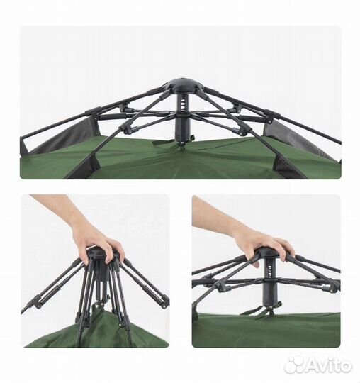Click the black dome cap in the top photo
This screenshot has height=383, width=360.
pyautogui.click(x=181, y=86)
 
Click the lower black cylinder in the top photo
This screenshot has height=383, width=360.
pyautogui.click(x=182, y=127)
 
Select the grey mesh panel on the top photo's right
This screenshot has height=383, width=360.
pyautogui.click(x=300, y=140)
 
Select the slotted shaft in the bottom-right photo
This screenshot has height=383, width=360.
pyautogui.click(x=269, y=272)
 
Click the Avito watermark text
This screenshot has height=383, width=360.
pyautogui.click(x=327, y=366)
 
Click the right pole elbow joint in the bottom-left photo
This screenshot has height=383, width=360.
pyautogui.click(x=164, y=301)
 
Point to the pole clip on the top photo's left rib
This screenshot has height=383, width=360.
pyautogui.click(x=93, y=111)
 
